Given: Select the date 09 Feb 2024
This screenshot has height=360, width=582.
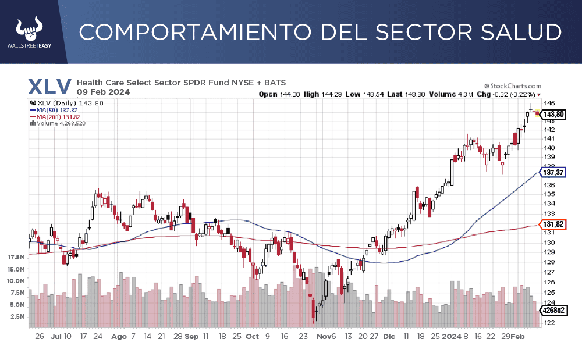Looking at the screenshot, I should [x=103, y=92].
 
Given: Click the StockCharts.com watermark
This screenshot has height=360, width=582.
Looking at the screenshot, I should [x=512, y=85].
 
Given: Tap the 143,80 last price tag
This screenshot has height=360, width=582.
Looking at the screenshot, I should [x=553, y=115].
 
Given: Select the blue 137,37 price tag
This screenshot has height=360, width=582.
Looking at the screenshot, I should [x=553, y=173].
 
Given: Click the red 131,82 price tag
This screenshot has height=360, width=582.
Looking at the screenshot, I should [x=553, y=224].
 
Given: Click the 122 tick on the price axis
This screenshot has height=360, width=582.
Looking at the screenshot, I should [x=548, y=323].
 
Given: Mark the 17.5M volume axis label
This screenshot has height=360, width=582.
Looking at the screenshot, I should [x=16, y=257].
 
